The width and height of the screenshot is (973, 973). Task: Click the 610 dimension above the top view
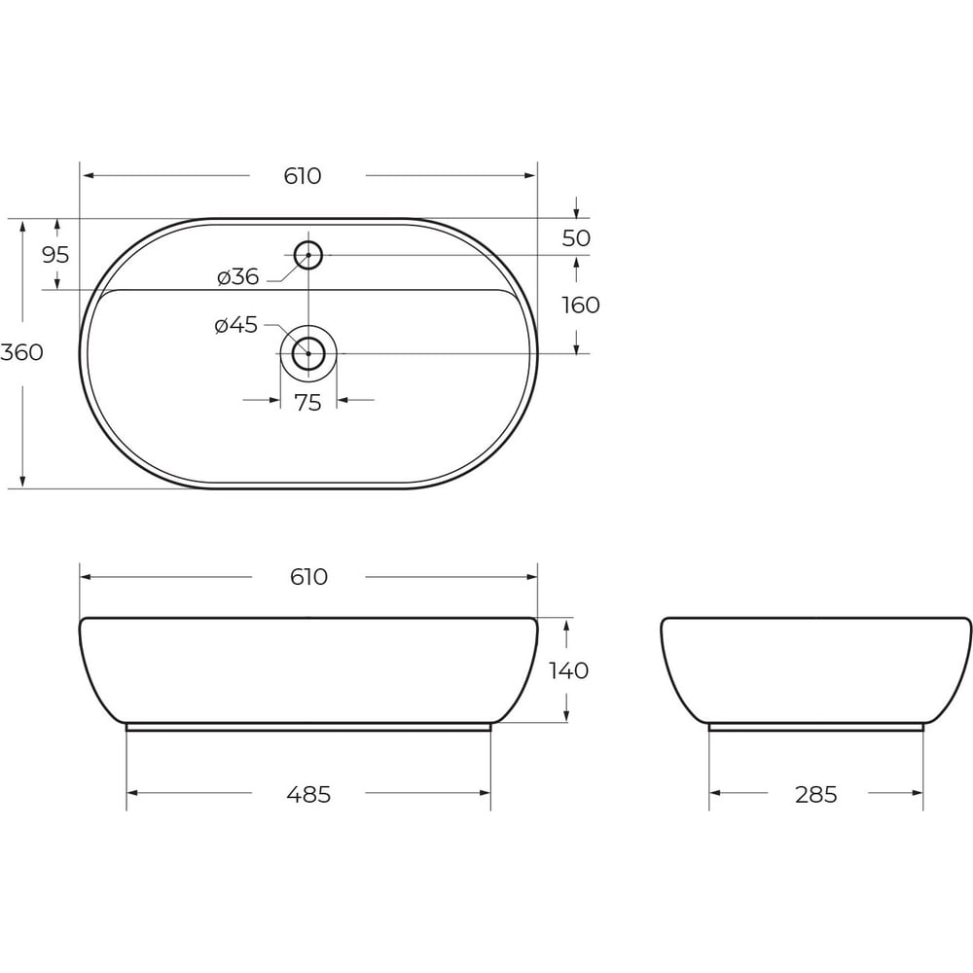pos(303,176)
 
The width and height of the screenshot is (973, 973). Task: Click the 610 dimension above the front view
pos(308,577)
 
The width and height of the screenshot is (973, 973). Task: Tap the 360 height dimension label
pos(21,352)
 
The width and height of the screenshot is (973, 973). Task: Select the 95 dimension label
pos(55,254)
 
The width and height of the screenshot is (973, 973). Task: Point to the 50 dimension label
pos(576,238)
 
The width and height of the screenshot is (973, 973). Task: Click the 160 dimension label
pos(581,306)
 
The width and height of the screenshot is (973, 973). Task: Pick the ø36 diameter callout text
pos(238,276)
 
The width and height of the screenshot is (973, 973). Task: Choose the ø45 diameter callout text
pos(235,325)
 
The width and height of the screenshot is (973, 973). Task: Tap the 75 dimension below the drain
pos(308,404)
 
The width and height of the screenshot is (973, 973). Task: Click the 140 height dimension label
pos(569,670)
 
